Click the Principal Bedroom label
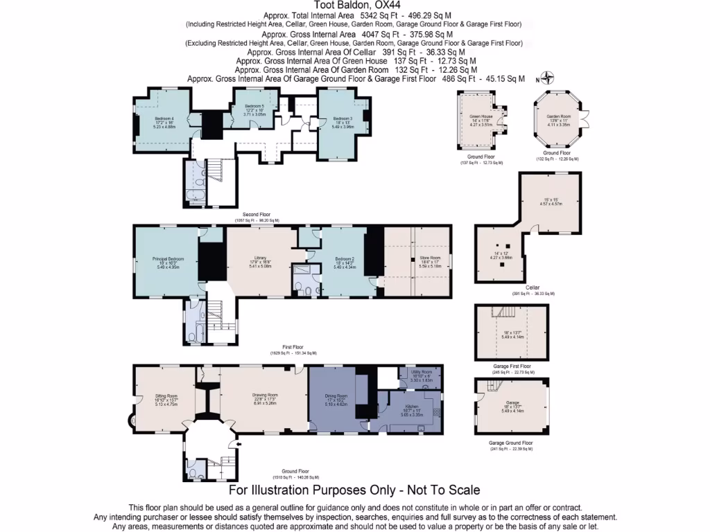point(168,259)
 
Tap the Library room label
point(261,259)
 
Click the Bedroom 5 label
point(254,106)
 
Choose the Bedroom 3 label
point(343,118)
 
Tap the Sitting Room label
point(166,396)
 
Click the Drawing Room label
point(264,396)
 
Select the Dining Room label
point(336,396)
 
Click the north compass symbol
point(547,78)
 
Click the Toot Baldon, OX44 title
point(354,5)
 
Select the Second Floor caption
point(257,215)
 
